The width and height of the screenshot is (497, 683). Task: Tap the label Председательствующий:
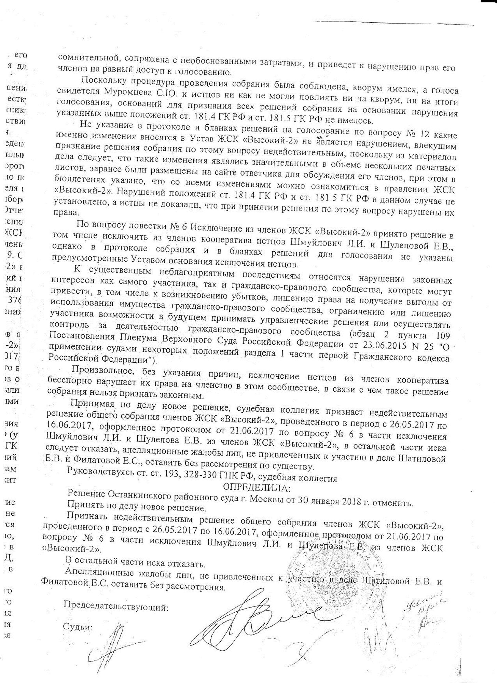pos(116,607)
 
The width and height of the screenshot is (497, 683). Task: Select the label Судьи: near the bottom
pos(78,627)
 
